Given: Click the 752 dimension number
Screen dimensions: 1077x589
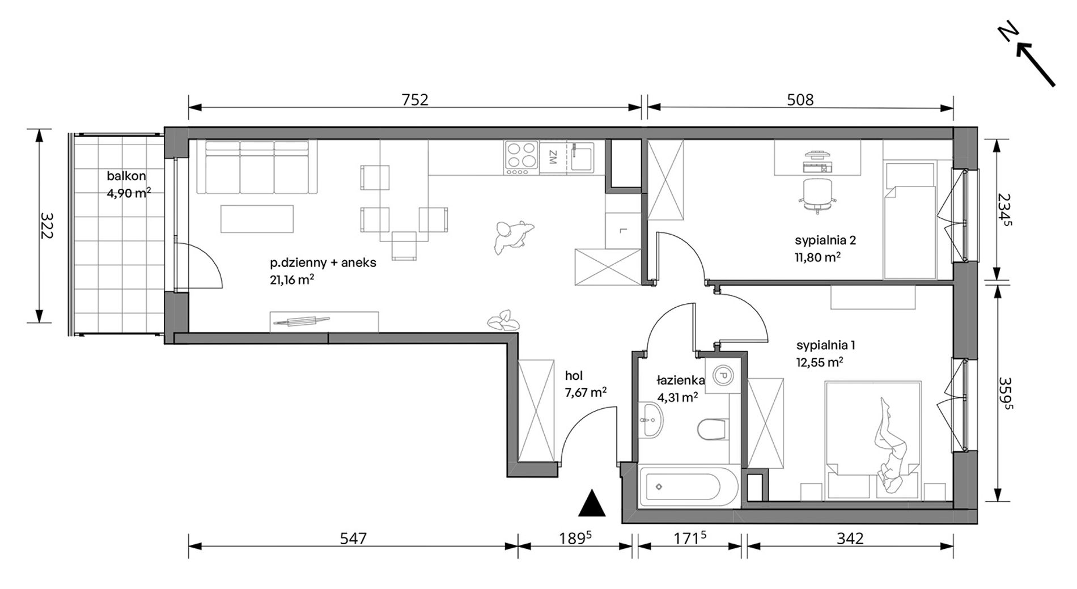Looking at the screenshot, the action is coord(415,100).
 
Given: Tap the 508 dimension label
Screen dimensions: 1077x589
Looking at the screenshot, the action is coord(800,100).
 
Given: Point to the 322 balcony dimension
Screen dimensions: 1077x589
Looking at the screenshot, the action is coord(46,226).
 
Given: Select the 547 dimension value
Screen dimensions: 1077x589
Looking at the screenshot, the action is coord(353,538).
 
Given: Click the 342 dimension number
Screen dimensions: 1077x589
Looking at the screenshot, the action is coord(850,538).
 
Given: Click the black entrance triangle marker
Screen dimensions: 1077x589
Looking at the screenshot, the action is coord(592,503).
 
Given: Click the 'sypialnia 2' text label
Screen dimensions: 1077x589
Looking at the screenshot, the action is coord(825,240).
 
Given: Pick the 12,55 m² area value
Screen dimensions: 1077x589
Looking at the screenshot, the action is coord(820,362).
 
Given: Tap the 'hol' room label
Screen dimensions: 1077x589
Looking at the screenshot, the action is coord(574,375).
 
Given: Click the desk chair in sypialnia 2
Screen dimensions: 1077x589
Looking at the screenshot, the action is coord(818,196).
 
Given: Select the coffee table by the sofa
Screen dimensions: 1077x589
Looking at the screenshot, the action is coord(257,218).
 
